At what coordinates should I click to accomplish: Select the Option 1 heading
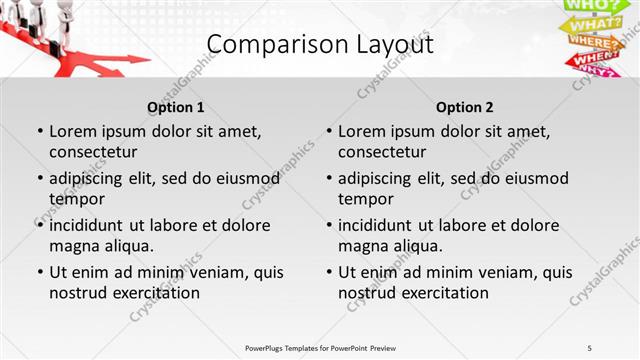point(176,107)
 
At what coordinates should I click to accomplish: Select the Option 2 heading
point(465,107)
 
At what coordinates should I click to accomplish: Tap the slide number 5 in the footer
point(590,347)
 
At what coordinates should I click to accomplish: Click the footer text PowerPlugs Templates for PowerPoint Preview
point(320,347)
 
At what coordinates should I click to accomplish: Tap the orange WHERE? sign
point(593,43)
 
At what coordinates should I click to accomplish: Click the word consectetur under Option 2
point(382,152)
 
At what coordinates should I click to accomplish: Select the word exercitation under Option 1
point(155,293)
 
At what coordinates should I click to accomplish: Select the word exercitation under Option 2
point(444,293)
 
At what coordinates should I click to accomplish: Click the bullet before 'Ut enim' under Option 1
point(39,272)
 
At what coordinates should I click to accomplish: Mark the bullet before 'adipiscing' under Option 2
point(328,178)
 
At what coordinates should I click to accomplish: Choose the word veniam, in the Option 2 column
point(509,272)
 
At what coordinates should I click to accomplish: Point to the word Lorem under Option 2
point(361,131)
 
